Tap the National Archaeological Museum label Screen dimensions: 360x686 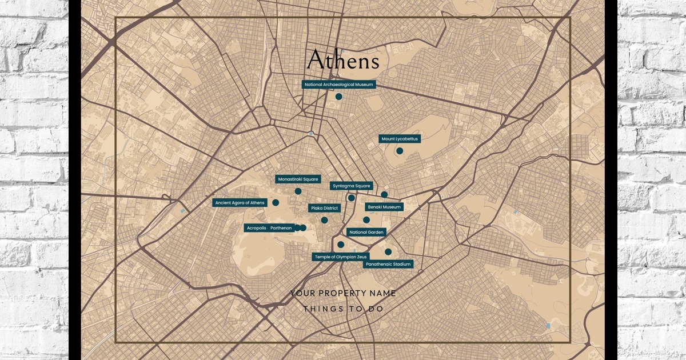coord(339,85)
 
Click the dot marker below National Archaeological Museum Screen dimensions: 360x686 coord(339,97)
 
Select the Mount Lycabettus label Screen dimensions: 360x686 coord(400,139)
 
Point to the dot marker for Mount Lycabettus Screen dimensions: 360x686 coord(400,151)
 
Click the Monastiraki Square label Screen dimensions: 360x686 coord(298,179)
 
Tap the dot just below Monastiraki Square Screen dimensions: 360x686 coord(298,191)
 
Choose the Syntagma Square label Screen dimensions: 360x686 coord(352,186)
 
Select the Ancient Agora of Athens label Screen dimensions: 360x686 coord(240,203)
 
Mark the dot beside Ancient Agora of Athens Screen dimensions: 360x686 coord(276,202)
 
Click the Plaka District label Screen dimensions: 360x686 coord(325,209)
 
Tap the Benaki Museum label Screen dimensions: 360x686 coord(384,207)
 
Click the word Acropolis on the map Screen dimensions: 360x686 coord(256,228)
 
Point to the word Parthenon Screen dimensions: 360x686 coord(281,228)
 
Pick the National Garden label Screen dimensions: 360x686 coord(367,232)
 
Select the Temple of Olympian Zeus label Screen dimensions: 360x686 coord(341,257)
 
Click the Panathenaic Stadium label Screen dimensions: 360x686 coord(388,265)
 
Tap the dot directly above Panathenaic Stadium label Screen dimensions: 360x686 coord(388,252)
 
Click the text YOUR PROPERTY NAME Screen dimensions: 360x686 coord(343,293)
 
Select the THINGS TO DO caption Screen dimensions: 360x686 coord(343,309)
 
